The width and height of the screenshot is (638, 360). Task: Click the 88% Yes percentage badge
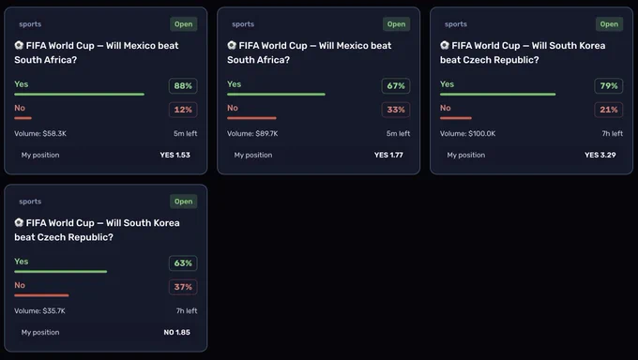pyautogui.click(x=183, y=86)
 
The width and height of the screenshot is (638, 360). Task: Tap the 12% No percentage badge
pyautogui.click(x=183, y=110)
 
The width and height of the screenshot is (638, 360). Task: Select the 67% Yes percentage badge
pyautogui.click(x=396, y=86)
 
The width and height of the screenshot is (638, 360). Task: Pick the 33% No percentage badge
pyautogui.click(x=396, y=110)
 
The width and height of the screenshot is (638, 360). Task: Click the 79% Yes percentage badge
pyautogui.click(x=609, y=86)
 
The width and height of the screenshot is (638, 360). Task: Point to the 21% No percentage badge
pyautogui.click(x=609, y=110)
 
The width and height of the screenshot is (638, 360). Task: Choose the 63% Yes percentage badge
pyautogui.click(x=183, y=263)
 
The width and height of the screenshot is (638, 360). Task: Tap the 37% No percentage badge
pyautogui.click(x=183, y=287)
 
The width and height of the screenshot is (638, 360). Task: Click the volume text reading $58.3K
pyautogui.click(x=40, y=133)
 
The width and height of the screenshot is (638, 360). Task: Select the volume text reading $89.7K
pyautogui.click(x=252, y=133)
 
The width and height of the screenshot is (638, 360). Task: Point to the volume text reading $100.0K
pyautogui.click(x=468, y=133)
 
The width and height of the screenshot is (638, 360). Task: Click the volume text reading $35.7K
pyautogui.click(x=39, y=310)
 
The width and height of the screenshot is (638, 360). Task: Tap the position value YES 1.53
pyautogui.click(x=175, y=155)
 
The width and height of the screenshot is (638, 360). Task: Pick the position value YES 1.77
pyautogui.click(x=388, y=155)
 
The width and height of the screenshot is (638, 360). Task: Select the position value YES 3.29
pyautogui.click(x=600, y=155)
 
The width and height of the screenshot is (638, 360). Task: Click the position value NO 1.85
pyautogui.click(x=176, y=332)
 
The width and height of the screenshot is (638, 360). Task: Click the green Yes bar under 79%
pyautogui.click(x=497, y=95)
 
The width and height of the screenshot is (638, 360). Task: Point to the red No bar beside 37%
pyautogui.click(x=41, y=295)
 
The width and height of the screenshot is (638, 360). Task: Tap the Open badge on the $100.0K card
pyautogui.click(x=609, y=24)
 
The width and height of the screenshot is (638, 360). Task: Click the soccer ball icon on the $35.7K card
pyautogui.click(x=19, y=222)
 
